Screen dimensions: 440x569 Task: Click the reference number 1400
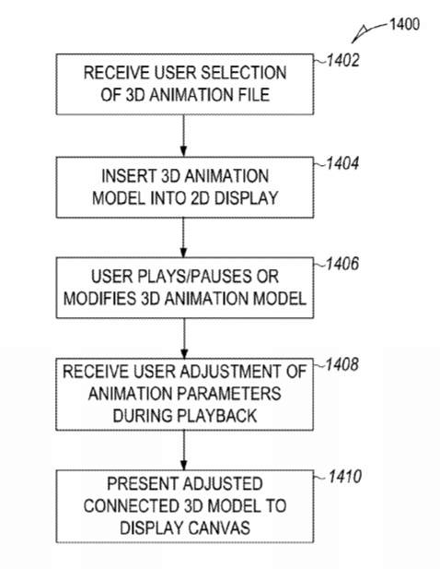pyautogui.click(x=404, y=24)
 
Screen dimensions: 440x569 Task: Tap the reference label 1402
pyautogui.click(x=343, y=60)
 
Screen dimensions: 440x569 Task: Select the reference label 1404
pyautogui.click(x=342, y=163)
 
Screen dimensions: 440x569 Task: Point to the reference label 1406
pyautogui.click(x=342, y=264)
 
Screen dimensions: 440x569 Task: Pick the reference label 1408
pyautogui.click(x=342, y=364)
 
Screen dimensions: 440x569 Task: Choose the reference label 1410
pyautogui.click(x=345, y=477)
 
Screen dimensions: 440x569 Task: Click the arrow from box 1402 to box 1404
pyautogui.click(x=183, y=136)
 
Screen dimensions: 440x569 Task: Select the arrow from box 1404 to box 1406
pyautogui.click(x=183, y=238)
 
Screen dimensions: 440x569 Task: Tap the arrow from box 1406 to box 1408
pyautogui.click(x=184, y=338)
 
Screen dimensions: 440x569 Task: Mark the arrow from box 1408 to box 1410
pyautogui.click(x=184, y=450)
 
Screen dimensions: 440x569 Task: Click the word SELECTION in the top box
pyautogui.click(x=244, y=73)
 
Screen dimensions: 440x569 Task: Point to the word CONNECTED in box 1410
pyautogui.click(x=131, y=505)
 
